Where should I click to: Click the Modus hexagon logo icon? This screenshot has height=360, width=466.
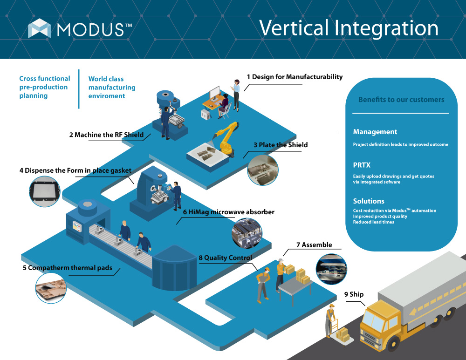[39, 28]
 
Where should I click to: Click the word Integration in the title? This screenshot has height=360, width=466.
[386, 28]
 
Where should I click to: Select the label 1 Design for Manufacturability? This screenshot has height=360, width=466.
[295, 77]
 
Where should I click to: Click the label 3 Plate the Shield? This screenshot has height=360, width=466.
[281, 145]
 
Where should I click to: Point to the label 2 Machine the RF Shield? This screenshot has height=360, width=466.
[106, 135]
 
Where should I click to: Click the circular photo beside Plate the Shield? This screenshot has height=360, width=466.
[262, 170]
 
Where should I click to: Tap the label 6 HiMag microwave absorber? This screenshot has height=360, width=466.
[228, 212]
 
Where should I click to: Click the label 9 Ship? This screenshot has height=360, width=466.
[354, 294]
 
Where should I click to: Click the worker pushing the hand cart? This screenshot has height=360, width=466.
[331, 319]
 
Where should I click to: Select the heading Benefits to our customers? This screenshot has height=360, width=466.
[401, 100]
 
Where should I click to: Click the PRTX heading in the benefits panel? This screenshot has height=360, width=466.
[362, 165]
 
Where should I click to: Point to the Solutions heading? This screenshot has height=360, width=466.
[369, 201]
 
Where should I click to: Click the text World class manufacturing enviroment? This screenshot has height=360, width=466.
[112, 88]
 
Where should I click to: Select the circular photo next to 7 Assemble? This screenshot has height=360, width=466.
[331, 269]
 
